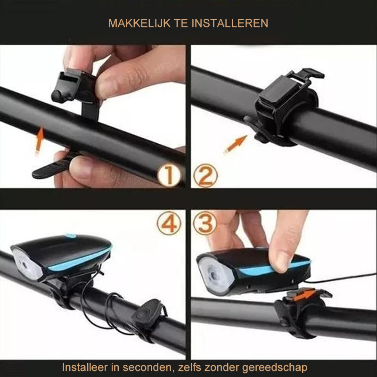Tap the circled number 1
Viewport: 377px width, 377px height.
pos(169,176)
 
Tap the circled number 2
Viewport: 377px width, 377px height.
pos(206,176)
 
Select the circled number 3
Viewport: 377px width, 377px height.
pos(206,223)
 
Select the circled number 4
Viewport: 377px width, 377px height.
pos(169,223)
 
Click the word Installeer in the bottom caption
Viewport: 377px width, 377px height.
pos(83,367)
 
